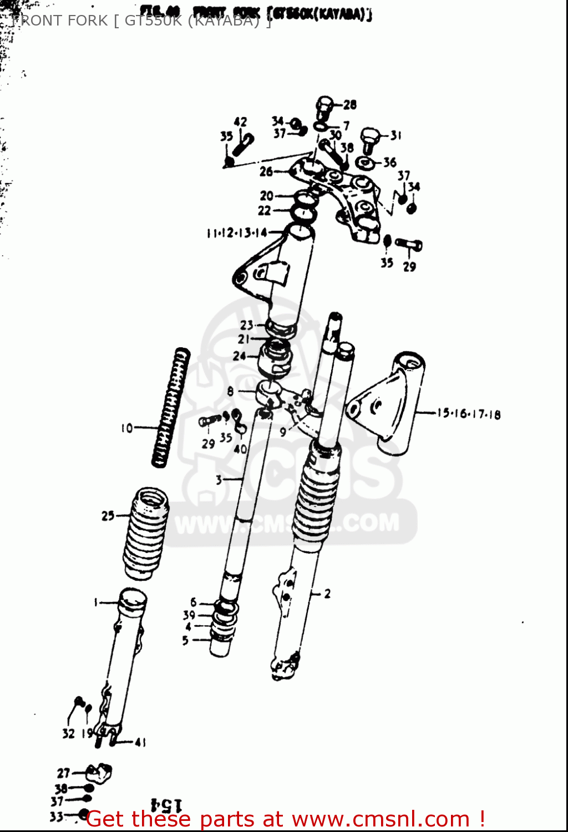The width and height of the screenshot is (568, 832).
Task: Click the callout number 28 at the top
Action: pos(350,104)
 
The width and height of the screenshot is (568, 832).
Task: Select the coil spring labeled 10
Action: pos(169,408)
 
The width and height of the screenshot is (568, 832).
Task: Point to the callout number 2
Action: pos(327,594)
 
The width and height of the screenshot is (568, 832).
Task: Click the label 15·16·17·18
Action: pos(468,414)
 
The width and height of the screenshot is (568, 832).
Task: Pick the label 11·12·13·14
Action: pos(237,233)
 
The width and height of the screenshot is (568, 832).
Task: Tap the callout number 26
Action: pos(266,172)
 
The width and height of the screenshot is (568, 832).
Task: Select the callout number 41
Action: pos(140,742)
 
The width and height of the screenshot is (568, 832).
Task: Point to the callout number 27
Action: pos(64,773)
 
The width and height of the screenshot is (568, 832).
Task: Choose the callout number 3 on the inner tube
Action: pos(219,479)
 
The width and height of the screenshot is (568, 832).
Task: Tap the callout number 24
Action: pos(239,356)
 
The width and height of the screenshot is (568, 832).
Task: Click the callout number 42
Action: pos(240,122)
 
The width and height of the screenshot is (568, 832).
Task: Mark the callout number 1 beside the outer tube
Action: pos(96,602)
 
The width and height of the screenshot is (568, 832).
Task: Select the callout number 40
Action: pos(240,449)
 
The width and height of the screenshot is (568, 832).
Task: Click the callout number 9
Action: pos(283,432)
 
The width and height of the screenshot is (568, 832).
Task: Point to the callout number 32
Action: pos(68,734)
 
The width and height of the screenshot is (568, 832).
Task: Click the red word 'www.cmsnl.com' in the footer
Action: pos(381,819)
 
